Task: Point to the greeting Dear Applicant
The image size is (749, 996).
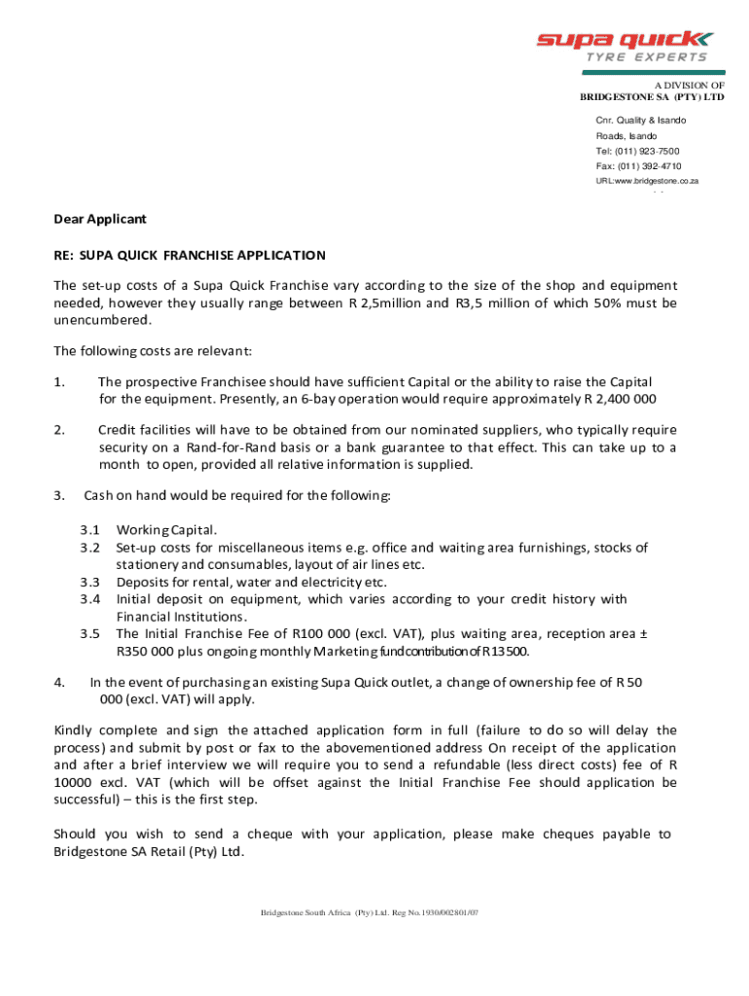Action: [x=100, y=220]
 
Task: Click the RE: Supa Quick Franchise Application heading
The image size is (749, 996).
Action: [x=190, y=255]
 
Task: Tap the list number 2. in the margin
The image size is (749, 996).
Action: [x=59, y=429]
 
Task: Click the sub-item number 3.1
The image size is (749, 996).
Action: [x=90, y=530]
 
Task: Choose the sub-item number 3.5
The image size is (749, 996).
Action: [x=90, y=633]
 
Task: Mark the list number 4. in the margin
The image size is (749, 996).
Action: [x=59, y=682]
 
